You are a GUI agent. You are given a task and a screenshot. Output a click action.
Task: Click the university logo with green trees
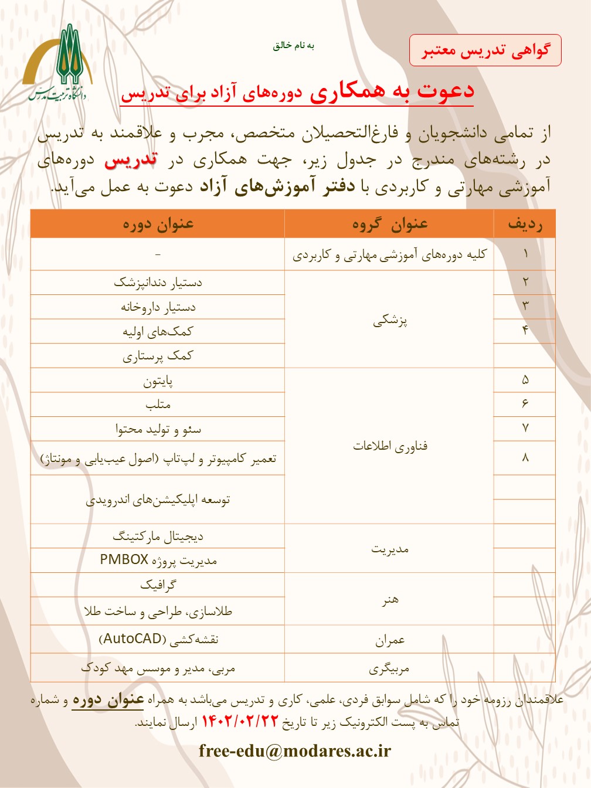[57, 63]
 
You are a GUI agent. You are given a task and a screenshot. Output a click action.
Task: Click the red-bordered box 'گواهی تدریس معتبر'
[485, 50]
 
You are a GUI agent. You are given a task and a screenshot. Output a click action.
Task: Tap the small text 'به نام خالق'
[293, 46]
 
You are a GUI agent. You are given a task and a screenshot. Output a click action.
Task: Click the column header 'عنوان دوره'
[158, 224]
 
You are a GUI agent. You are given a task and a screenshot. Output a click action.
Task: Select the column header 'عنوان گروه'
[390, 224]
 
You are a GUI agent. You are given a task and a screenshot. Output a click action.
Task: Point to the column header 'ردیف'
[525, 224]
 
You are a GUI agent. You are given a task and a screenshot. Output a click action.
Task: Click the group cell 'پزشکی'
[390, 320]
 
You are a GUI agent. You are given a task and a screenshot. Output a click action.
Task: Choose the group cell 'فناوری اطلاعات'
[390, 446]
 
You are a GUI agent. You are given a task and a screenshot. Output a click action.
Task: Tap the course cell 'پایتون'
[158, 381]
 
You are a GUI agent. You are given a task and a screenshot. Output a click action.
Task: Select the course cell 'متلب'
[158, 405]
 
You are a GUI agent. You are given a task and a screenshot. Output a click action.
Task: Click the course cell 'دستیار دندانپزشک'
[158, 283]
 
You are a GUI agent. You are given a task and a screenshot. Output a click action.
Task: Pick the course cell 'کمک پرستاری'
[158, 356]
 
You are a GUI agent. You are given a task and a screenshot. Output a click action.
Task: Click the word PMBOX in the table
[124, 559]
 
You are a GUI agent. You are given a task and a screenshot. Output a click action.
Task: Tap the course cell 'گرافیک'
[158, 585]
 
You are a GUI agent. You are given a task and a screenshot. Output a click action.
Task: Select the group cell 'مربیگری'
[390, 668]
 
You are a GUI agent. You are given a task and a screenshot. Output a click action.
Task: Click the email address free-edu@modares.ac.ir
[295, 750]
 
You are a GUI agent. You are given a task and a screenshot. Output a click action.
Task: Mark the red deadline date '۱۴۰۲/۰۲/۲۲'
[239, 722]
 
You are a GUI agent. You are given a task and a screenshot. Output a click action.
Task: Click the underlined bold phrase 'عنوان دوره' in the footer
[108, 699]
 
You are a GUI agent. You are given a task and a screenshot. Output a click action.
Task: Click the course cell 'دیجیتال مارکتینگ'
[158, 536]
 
